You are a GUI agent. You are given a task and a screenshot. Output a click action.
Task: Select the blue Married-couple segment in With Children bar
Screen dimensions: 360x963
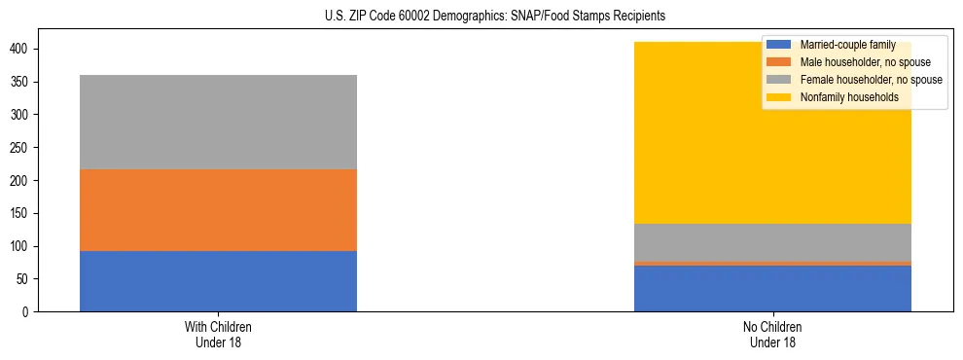click(218, 281)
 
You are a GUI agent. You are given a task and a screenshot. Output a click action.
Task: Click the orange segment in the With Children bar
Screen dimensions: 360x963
click(218, 210)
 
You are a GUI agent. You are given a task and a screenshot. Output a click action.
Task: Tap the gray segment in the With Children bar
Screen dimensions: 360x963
click(218, 122)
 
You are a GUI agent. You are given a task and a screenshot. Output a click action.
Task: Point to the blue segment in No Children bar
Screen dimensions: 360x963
click(772, 289)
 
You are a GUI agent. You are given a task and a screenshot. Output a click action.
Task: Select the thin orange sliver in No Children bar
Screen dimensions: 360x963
click(772, 263)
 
